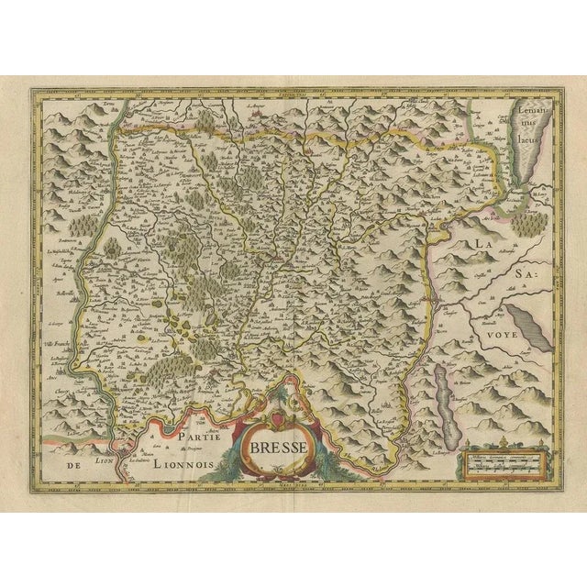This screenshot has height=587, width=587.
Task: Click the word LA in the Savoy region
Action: click(486, 241)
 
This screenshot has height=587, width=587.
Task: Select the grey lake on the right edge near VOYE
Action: click(528, 324)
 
